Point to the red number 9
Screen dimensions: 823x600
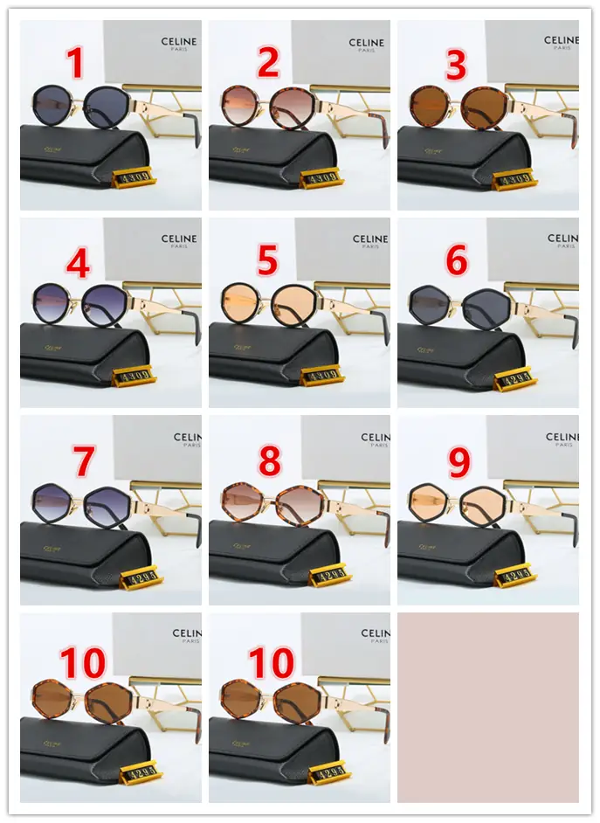[459, 462]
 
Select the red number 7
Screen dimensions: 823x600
[83, 460]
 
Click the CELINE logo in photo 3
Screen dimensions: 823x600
[561, 41]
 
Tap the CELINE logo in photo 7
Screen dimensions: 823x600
[187, 437]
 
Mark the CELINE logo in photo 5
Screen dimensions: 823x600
[370, 239]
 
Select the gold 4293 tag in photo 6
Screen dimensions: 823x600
[514, 380]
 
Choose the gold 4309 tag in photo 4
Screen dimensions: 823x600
[134, 377]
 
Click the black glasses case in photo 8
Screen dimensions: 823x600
[271, 550]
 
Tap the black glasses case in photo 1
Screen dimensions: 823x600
[79, 156]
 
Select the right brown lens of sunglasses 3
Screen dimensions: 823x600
[481, 107]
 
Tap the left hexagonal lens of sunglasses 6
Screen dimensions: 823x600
[431, 306]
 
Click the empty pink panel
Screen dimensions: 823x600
[487, 707]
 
